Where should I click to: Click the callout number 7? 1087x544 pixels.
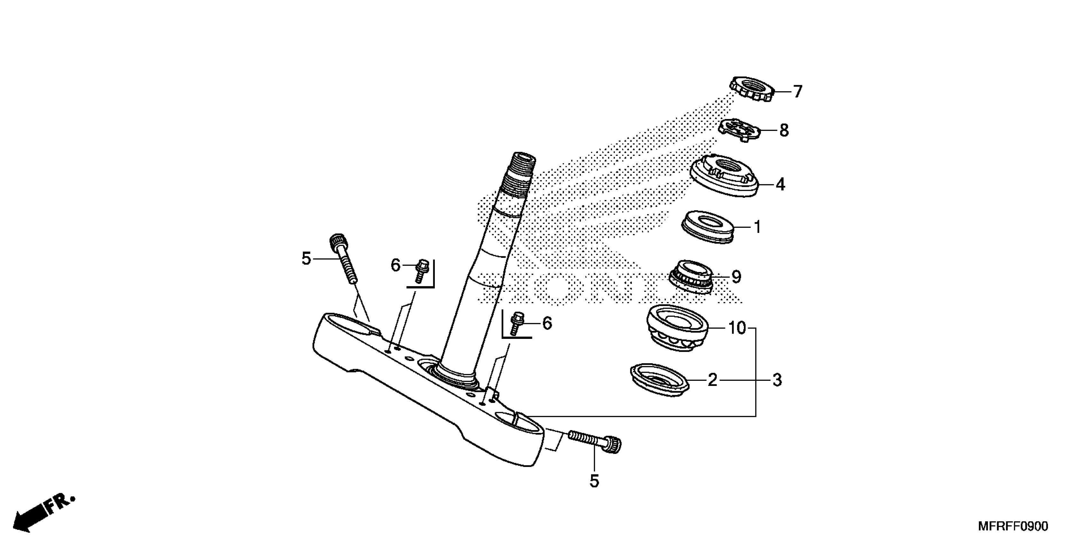point(797,92)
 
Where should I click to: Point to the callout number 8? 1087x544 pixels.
point(784,131)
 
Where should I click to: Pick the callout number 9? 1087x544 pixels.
point(736,277)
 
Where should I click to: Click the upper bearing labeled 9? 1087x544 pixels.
point(691,277)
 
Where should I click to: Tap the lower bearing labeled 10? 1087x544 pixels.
point(676,328)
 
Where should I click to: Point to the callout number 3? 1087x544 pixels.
point(777,380)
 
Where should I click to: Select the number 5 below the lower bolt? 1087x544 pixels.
point(594,481)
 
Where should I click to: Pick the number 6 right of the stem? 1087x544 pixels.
point(547,324)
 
